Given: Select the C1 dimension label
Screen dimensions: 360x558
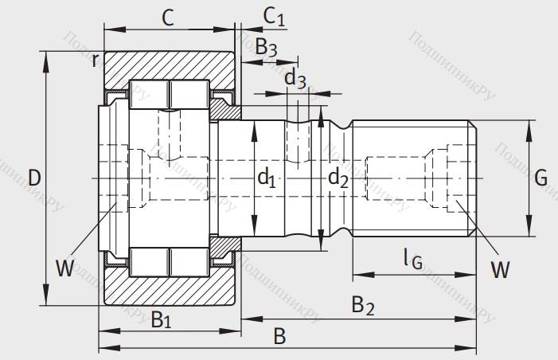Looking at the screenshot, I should [274, 15].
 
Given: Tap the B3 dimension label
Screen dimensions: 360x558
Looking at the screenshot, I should [266, 48].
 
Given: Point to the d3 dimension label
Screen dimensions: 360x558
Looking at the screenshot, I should [295, 78].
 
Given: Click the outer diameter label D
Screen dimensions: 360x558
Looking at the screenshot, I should [33, 178].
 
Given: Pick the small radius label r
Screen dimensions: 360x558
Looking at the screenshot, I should [95, 60].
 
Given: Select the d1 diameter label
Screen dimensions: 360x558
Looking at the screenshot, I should [266, 179].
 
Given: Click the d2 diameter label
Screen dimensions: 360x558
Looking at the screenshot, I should [338, 178].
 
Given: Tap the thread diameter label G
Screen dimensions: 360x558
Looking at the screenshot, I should [540, 178].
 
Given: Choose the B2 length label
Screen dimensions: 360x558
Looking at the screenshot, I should [363, 305].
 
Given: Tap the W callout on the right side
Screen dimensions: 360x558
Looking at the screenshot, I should [499, 270].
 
